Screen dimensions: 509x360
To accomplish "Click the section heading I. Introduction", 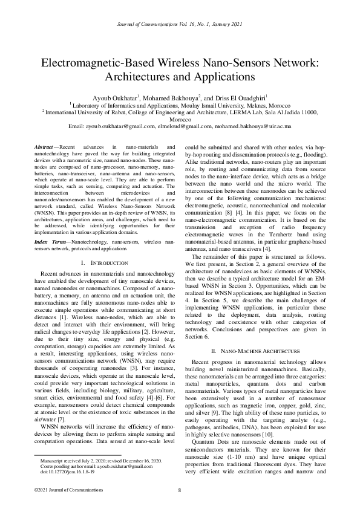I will click(x=104, y=264).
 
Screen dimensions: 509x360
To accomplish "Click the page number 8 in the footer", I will click(x=180, y=490).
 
